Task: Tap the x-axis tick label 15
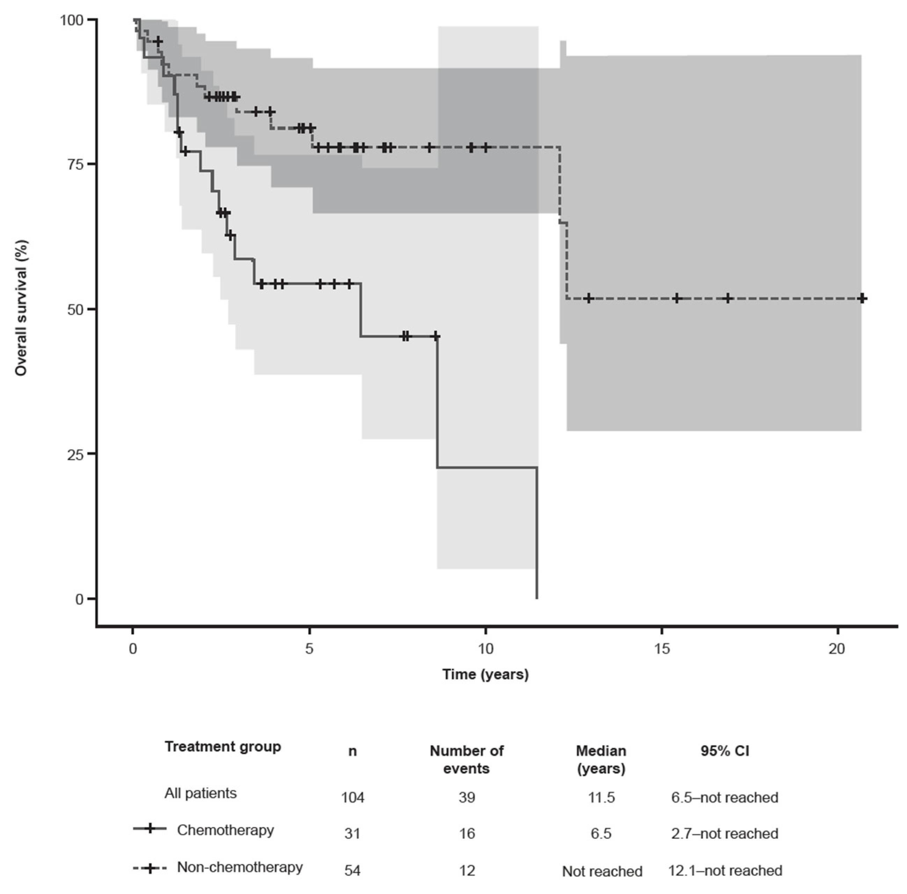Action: [661, 649]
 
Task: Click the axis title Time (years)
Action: [485, 675]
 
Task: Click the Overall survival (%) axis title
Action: [21, 308]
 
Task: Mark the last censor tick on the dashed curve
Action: [862, 299]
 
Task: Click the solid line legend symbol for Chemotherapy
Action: [150, 829]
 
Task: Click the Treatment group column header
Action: [222, 747]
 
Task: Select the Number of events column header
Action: [466, 760]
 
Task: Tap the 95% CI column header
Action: [724, 751]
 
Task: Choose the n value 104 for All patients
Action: [352, 797]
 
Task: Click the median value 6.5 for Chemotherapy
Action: [601, 834]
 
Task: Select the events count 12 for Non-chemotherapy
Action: [467, 871]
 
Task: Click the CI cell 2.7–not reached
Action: [724, 834]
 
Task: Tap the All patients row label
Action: [200, 793]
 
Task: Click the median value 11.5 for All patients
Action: [601, 797]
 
